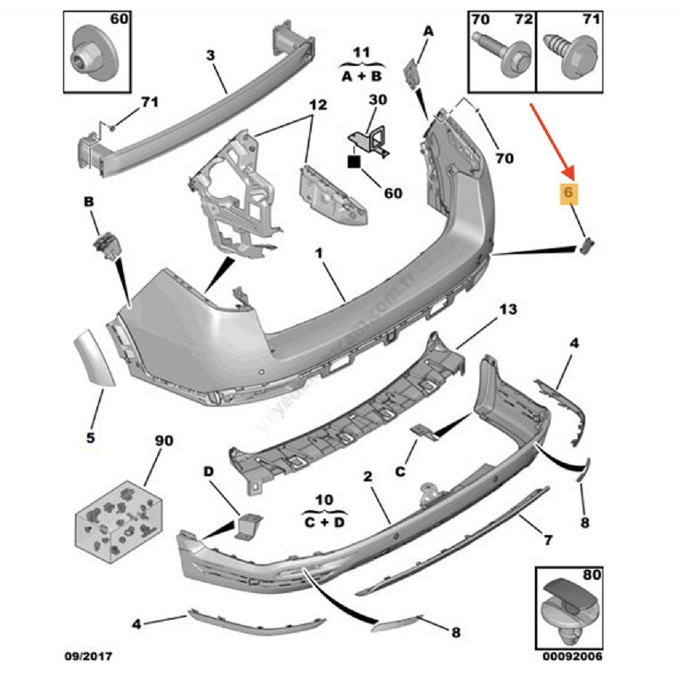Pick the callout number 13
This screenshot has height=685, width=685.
click(508, 309)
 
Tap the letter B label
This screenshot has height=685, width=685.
click(89, 203)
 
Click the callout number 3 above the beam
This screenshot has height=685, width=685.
click(210, 55)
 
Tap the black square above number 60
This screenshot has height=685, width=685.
click(354, 162)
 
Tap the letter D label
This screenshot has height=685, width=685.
click(207, 471)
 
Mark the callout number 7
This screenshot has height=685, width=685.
click(549, 540)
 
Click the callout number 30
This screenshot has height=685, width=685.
click(377, 100)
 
